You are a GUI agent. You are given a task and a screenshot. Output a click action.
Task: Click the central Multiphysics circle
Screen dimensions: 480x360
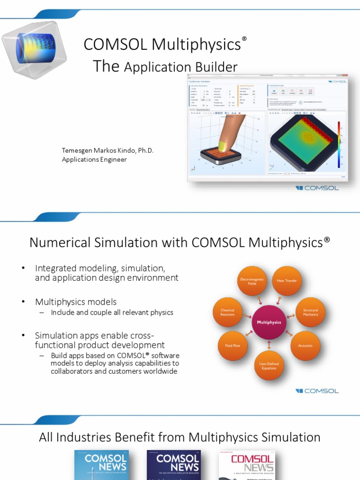click(x=269, y=322)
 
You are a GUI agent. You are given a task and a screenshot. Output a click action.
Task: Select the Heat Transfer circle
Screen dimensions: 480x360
click(x=287, y=281)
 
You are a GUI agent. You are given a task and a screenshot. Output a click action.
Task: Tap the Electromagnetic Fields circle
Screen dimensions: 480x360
click(x=252, y=281)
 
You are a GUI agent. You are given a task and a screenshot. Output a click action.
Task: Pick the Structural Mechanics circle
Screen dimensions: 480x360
click(x=310, y=312)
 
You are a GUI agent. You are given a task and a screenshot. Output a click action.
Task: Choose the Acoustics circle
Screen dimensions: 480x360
click(x=305, y=345)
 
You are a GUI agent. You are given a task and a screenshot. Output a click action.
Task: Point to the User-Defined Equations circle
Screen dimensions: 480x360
click(x=269, y=366)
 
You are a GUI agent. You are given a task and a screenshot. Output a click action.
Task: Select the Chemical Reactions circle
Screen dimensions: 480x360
click(x=227, y=312)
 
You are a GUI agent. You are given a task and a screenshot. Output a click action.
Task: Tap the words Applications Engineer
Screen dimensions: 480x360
click(x=94, y=159)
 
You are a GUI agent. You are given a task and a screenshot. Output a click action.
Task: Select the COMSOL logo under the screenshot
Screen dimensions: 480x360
click(x=317, y=188)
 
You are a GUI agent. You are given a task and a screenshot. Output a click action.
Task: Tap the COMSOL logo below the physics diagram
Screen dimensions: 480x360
click(x=317, y=391)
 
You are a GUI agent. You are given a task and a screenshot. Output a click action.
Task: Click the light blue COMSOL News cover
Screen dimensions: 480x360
click(x=100, y=465)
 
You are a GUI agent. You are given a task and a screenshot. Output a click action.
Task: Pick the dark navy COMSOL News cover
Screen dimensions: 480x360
click(x=173, y=465)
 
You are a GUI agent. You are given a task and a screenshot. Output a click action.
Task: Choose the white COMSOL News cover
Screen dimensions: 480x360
click(x=247, y=465)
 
